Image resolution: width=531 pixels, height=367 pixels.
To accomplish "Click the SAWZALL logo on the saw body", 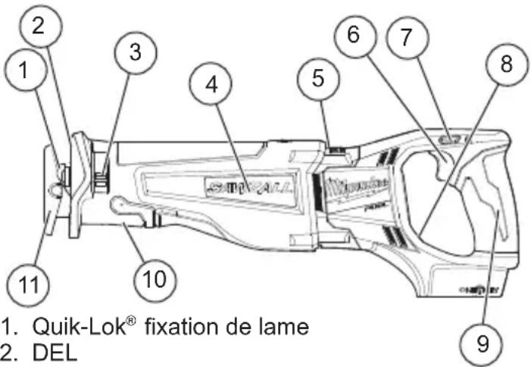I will pyautogui.click(x=241, y=185).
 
